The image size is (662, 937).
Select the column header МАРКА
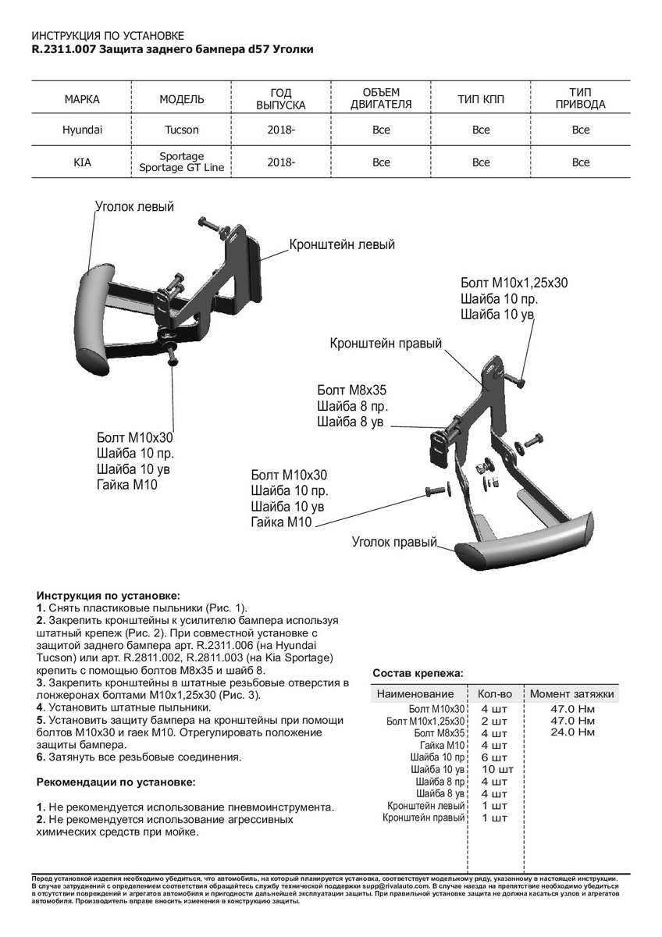tap(82, 100)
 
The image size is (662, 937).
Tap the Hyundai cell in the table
tap(82, 130)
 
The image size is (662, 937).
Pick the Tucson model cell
tap(181, 130)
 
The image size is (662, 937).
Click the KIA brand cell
tap(82, 162)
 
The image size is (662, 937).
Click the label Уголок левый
tap(134, 207)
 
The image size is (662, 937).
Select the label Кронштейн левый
tap(342, 244)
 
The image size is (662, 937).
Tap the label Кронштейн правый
tap(386, 344)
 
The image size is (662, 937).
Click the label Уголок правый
tap(394, 542)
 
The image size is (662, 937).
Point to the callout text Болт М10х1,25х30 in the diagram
tap(514, 283)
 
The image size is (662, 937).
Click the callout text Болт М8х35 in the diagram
tap(352, 390)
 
